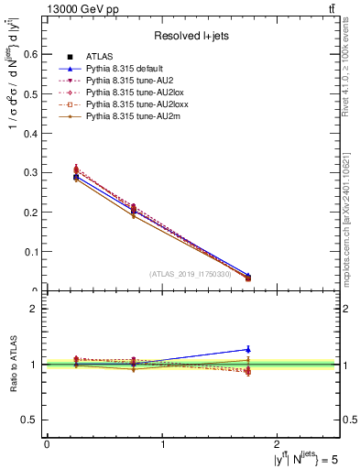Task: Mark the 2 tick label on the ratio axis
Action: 37,309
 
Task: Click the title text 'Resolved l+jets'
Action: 191,36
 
